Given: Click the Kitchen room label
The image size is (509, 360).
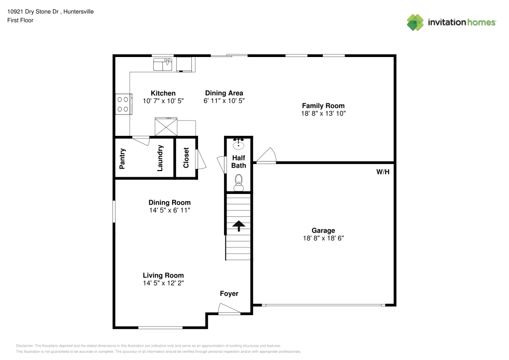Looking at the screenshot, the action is tap(163, 93).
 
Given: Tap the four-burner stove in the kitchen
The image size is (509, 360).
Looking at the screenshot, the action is tap(124, 104).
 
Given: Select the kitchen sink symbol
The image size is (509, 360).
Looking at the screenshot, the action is tap(163, 64).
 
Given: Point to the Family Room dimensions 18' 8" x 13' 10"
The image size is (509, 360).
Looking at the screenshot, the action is tap(323, 113).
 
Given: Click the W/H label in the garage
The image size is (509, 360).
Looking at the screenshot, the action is tap(383, 172).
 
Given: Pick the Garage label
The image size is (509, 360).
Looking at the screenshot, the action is tap(323, 231).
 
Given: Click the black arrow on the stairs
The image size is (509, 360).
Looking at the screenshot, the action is tap(239, 226).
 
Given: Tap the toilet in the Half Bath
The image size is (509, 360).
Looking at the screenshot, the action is tap(239, 183).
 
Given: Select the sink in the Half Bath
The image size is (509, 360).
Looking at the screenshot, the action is tap(239, 144).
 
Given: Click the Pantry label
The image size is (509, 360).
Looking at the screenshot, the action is tap(122, 159).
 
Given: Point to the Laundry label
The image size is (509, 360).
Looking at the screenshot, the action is tap(160, 158).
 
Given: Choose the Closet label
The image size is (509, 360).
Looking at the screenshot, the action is tap(186, 158).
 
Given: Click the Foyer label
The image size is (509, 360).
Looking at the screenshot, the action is tap(229, 293).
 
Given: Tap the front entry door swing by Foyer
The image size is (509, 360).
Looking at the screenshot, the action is tap(229, 309).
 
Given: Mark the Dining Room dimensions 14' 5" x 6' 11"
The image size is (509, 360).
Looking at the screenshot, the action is tap(170, 210).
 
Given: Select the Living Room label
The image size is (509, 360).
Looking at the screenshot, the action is tap(163, 275).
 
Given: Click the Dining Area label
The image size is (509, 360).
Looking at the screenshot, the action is tap(224, 93).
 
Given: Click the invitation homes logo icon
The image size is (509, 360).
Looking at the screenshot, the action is tap(415, 22).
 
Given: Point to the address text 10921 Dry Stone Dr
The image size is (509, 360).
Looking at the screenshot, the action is tap(33, 12).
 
